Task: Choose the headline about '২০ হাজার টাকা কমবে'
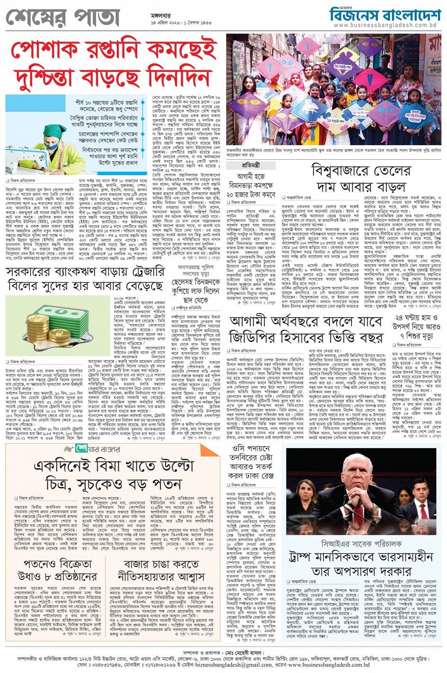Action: click(251, 185)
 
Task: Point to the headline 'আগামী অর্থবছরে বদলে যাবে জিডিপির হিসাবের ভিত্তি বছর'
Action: click(306, 329)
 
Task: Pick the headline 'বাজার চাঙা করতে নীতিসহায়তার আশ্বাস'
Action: click(163, 570)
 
